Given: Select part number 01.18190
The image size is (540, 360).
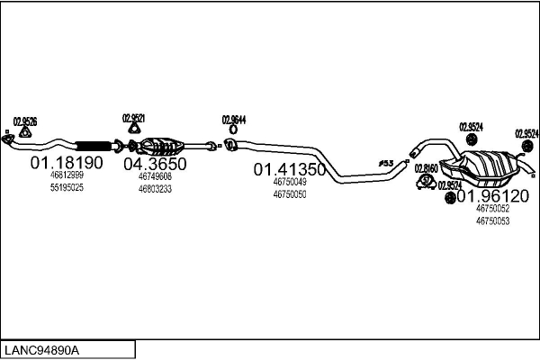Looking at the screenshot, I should point(67,163).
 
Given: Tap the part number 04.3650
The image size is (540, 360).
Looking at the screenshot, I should point(155,164).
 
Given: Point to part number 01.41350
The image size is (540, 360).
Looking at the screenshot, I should point(289,169).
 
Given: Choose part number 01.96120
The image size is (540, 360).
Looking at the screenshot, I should point(492,195).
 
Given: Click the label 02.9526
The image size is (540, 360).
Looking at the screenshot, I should point(25,121).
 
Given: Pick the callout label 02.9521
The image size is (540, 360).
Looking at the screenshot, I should point(133,118).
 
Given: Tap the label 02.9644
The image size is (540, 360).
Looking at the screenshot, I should point(234,119).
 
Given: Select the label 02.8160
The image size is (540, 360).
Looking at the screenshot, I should point(427,168).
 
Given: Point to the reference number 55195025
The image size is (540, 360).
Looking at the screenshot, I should point(67,187).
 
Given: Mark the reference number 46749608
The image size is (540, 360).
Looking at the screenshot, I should point(155,176).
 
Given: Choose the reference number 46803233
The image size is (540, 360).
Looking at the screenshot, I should point(155,189).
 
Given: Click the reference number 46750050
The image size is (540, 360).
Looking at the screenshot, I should point(289,193).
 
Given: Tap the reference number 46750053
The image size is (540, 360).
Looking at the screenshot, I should point(492,220).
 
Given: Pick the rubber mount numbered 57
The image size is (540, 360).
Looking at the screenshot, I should point(427,182).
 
